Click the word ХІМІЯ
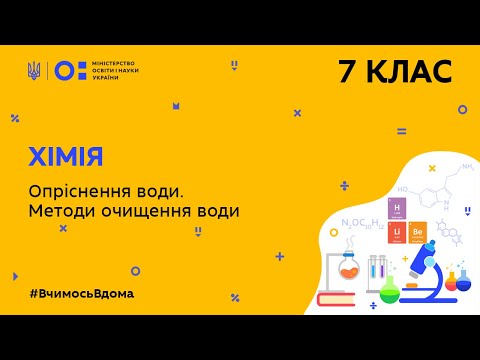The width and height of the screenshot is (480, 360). click(65, 157)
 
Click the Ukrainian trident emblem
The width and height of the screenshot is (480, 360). click(35, 70)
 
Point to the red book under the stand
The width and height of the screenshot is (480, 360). click(346, 296)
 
